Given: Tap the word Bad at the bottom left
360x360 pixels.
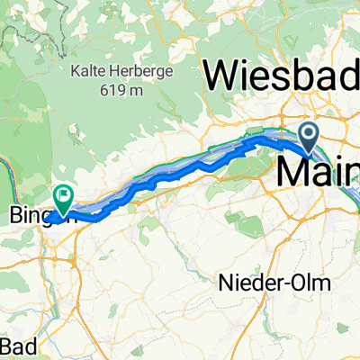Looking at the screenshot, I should [x=19, y=346].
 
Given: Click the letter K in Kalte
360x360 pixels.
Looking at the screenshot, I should [x=77, y=70].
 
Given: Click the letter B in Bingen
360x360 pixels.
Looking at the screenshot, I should [x=13, y=217].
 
